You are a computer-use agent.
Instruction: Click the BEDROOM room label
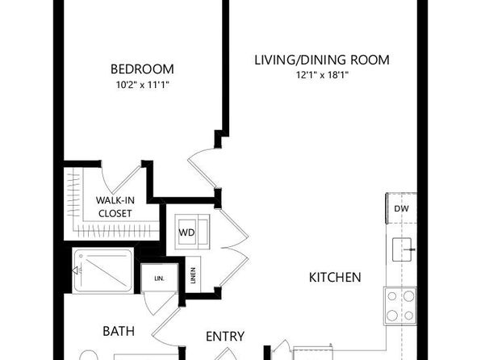coord(142,69)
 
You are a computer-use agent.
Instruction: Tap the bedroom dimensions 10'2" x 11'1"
coord(143,85)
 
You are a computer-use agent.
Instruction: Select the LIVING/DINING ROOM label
coord(322,60)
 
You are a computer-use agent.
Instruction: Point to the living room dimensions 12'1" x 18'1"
coord(322,75)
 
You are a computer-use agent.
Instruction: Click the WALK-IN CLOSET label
coord(115,207)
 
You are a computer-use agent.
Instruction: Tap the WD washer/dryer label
coord(186,232)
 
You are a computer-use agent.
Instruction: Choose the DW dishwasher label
coord(401,209)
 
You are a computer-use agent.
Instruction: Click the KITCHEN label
coord(335,278)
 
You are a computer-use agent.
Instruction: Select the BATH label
coord(119,331)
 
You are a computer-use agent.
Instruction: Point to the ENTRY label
coord(225,337)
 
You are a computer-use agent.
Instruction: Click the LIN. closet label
coord(159,278)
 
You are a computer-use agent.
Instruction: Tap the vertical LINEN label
coord(193,275)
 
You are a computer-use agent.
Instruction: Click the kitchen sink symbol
coord(402,249)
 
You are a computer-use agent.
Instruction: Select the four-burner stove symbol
coord(400,306)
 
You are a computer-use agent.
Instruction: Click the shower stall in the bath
coord(103,271)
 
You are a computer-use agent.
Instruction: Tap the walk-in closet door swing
coord(121,179)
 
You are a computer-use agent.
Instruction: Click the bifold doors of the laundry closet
coord(234,247)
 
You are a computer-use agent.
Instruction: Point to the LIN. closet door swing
coord(160,303)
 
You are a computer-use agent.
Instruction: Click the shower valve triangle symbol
coord(75,270)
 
